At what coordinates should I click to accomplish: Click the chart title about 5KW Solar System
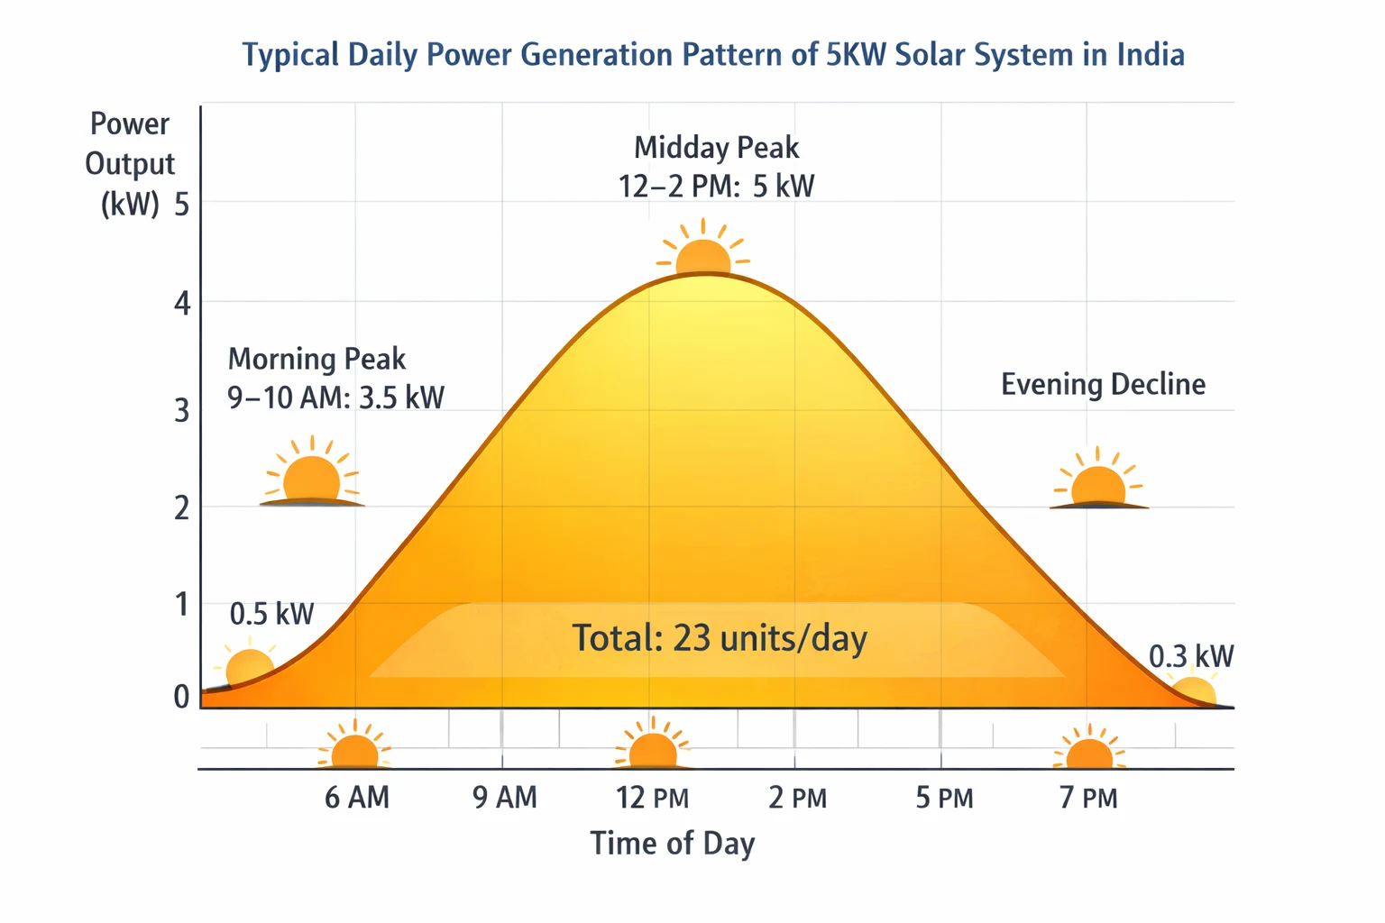coord(712,55)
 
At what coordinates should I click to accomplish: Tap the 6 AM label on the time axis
coord(357,798)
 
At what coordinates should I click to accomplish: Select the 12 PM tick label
coord(652,798)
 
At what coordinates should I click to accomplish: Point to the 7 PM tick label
coord(1088,798)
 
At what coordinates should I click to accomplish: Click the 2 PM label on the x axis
coord(797,798)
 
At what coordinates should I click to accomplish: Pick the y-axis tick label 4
coord(183,304)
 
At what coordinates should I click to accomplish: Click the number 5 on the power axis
coord(183,206)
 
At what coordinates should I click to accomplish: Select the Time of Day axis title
coord(672,844)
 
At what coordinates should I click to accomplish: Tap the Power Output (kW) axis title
coord(130,164)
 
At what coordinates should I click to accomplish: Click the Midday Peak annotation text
coord(716,167)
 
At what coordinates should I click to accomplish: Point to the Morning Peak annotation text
coord(335,378)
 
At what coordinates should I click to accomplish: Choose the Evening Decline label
coord(1103,385)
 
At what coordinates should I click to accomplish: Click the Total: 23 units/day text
coord(720,638)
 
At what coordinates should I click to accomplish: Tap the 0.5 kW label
coord(271,615)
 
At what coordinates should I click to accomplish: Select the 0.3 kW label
coord(1190,656)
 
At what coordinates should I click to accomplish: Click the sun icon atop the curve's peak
coord(702,252)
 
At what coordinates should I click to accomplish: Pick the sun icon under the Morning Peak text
coord(311,476)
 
